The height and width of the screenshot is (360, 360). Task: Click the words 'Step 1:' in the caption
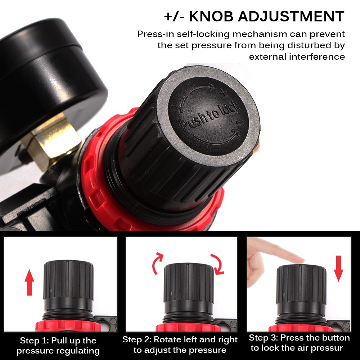click(x=34, y=341)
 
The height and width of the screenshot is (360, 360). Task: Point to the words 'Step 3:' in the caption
click(x=263, y=338)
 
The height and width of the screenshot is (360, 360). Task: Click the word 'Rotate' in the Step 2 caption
click(x=168, y=339)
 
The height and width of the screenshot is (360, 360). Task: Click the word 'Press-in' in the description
click(x=153, y=34)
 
